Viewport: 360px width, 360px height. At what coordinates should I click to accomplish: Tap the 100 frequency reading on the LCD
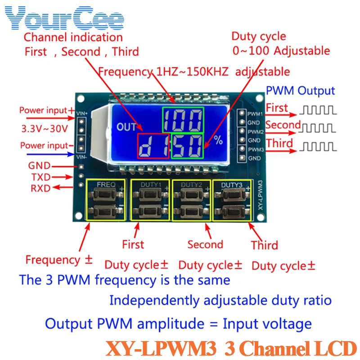(183, 120)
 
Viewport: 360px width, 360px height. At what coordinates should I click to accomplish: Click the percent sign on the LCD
(218, 140)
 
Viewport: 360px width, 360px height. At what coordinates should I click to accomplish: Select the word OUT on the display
(126, 127)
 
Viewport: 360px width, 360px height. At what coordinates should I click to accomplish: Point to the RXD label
(41, 188)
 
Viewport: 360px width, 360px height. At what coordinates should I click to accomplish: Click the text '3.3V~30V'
(45, 128)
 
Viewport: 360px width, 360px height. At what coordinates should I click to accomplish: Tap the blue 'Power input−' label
(44, 145)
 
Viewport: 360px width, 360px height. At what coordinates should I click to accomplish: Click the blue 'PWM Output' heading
(300, 90)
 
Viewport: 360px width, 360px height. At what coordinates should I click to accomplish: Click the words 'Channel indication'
(73, 37)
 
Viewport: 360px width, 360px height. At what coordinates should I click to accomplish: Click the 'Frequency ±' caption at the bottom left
(59, 260)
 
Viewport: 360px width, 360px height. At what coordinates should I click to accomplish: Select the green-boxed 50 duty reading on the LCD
(187, 146)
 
